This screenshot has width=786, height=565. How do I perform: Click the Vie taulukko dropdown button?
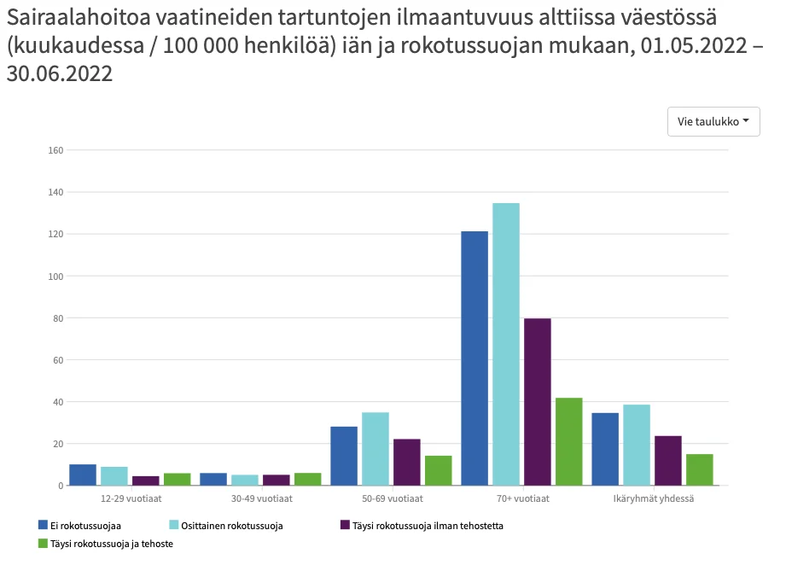[x=713, y=121]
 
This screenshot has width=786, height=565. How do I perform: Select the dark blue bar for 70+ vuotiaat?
[x=475, y=358]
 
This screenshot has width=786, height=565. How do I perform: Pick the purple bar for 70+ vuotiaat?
[x=538, y=402]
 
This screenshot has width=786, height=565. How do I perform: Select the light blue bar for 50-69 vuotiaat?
[x=376, y=449]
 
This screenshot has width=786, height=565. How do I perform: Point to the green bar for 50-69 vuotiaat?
[x=439, y=470]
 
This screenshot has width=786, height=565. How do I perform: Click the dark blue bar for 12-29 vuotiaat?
[x=83, y=475]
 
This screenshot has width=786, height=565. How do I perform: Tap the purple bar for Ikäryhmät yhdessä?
[x=668, y=461]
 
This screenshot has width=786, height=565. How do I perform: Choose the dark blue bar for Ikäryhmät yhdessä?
[x=605, y=449]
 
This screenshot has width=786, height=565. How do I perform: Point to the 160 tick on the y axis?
[x=56, y=150]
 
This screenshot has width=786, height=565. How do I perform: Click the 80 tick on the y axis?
[x=58, y=318]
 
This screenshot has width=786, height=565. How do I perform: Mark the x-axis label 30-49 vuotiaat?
[x=260, y=498]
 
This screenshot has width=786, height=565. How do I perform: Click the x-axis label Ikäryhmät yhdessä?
[x=654, y=498]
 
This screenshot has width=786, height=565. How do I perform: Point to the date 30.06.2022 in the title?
[x=60, y=74]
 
